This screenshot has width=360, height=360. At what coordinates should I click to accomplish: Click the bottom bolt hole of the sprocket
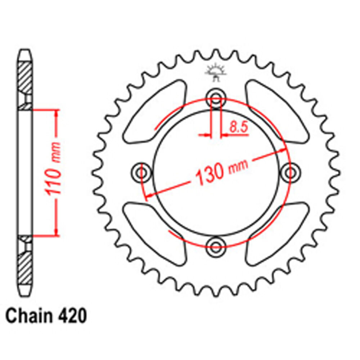(x=216, y=247)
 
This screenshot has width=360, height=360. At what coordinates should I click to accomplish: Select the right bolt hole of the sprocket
(x=290, y=172)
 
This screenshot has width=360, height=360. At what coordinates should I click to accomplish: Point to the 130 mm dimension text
(x=221, y=172)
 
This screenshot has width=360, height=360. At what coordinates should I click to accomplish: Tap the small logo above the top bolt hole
(x=215, y=71)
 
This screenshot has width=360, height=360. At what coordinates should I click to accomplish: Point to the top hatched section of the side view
(x=25, y=77)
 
